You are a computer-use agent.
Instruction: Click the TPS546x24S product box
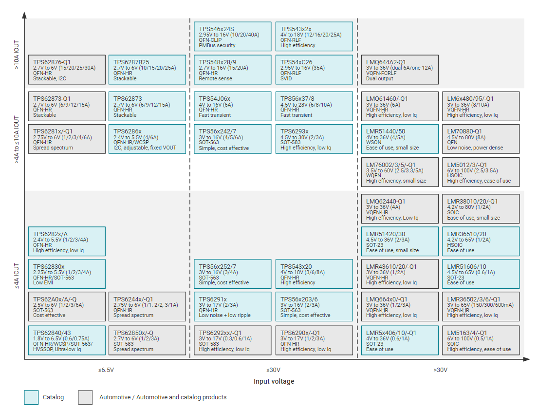(232, 37)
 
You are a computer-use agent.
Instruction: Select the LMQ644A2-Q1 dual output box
(400, 70)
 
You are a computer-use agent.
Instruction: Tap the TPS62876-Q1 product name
(52, 62)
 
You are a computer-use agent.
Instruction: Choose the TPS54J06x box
(232, 106)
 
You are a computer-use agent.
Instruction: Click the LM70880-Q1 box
(481, 139)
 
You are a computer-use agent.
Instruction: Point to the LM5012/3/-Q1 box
(481, 172)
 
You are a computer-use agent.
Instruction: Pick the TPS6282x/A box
(67, 241)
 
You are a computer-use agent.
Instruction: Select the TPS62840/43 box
(67, 340)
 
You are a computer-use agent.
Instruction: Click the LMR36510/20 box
(481, 241)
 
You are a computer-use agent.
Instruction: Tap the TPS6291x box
(232, 306)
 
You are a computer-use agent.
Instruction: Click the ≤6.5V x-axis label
(106, 370)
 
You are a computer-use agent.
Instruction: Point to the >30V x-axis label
(440, 370)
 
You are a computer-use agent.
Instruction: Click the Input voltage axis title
(274, 381)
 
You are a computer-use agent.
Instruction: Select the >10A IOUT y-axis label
(17, 55)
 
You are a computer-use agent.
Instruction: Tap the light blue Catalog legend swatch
(31, 397)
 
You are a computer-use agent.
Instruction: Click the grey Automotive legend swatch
(85, 397)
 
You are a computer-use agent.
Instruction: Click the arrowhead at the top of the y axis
(24, 15)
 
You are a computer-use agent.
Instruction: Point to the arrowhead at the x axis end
(526, 359)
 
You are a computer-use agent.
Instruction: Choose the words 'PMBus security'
(217, 45)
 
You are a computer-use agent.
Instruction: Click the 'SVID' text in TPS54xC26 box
(286, 78)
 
